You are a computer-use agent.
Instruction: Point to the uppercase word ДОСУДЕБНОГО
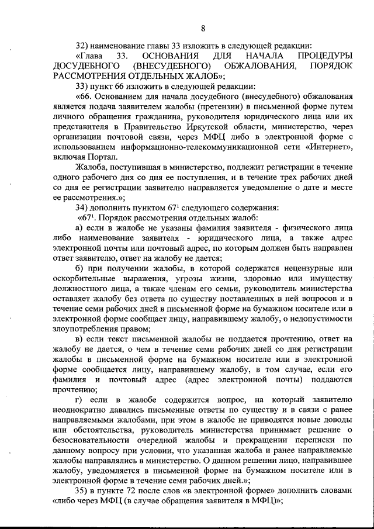tap(85, 66)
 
